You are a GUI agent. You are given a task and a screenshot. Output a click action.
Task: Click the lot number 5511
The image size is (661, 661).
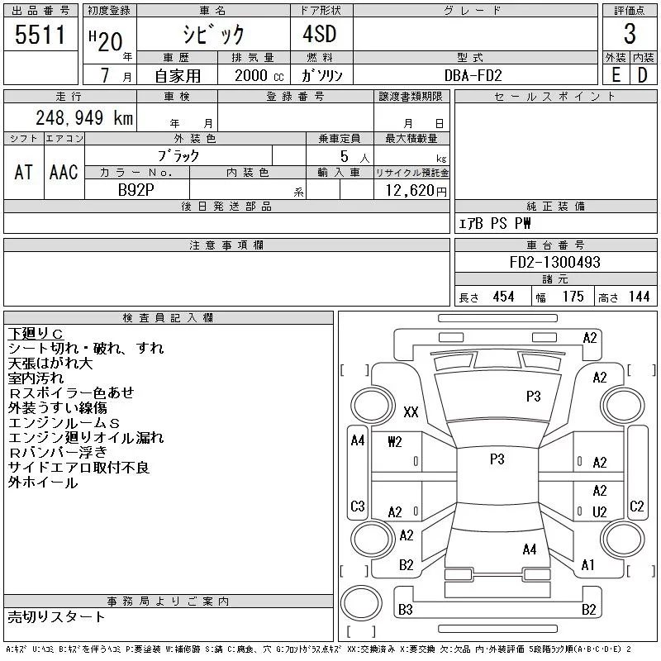pos(40,36)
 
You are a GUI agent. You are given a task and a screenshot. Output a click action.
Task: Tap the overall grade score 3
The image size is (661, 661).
pos(630,35)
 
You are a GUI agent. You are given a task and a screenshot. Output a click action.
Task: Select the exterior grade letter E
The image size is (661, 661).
pos(616,74)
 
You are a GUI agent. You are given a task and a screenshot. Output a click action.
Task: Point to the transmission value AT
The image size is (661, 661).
pos(24,172)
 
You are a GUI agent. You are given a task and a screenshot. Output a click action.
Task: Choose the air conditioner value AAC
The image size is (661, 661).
pos(63,172)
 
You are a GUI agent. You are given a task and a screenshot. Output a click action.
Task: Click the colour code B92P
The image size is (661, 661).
pos(136,188)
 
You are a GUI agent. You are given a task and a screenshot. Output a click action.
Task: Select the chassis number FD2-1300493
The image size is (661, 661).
pos(555,262)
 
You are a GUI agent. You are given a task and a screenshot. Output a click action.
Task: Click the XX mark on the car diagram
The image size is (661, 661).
pos(411,411)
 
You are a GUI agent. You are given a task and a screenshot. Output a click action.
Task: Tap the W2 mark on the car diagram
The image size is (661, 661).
pos(394,441)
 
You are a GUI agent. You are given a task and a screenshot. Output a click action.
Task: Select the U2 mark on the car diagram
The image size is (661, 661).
pos(600,512)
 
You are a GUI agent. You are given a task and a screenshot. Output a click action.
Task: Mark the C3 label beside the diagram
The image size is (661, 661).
pos(358,506)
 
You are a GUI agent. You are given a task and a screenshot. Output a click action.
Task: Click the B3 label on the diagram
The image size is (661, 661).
pos(406,610)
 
